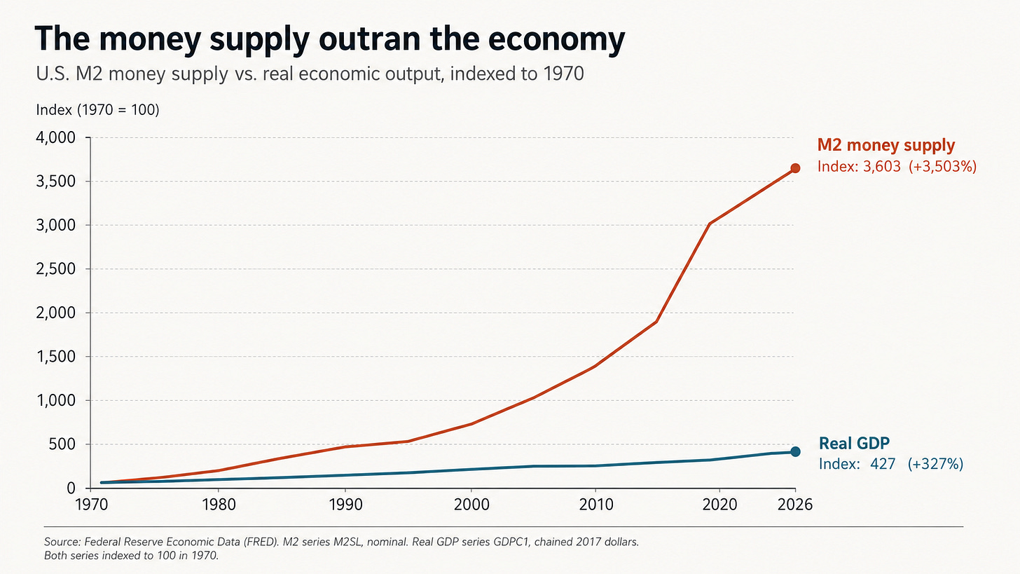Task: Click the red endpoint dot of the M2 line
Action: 795,168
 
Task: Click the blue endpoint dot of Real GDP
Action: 795,451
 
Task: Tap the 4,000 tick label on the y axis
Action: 55,137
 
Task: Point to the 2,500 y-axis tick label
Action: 55,269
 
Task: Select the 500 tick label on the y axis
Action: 62,444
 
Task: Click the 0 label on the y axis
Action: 71,488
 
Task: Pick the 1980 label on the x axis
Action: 219,505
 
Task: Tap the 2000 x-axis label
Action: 471,505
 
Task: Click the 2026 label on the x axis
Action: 795,505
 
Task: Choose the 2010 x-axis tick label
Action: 596,505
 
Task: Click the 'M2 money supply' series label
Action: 886,145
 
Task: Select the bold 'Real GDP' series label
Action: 854,443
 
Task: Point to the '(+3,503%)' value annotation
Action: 943,166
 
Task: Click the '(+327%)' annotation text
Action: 935,464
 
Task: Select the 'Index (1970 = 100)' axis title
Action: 97,110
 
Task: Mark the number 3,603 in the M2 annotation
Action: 881,167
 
